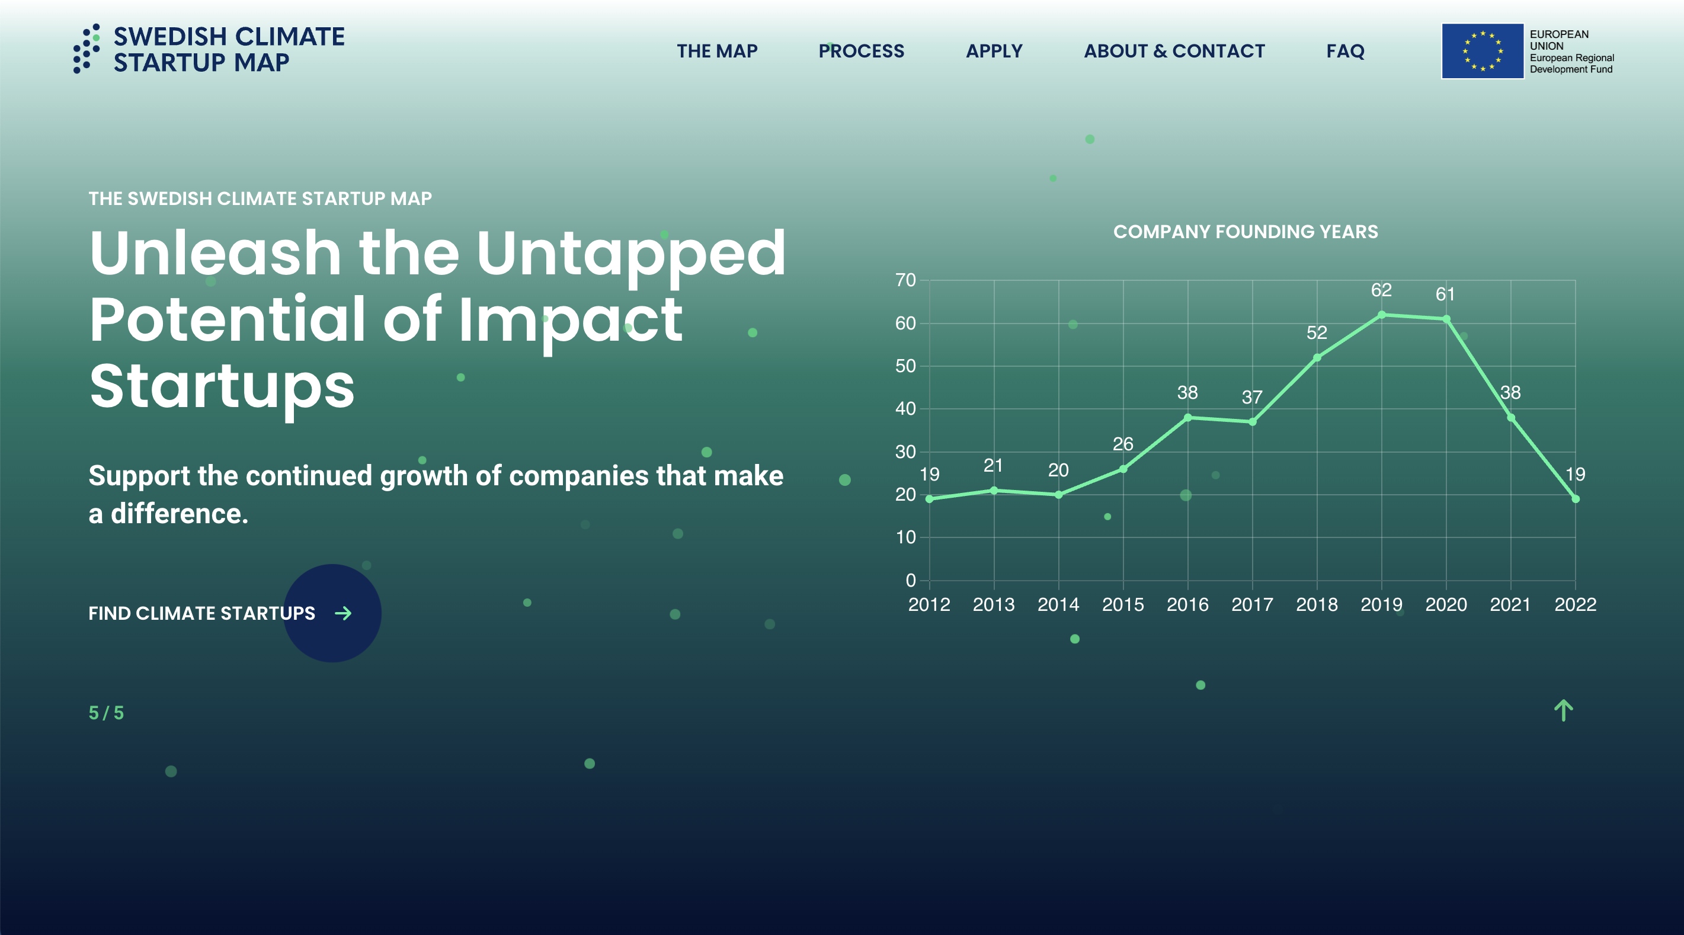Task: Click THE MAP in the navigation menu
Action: click(x=717, y=51)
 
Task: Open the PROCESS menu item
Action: click(x=861, y=51)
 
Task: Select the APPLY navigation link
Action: click(x=994, y=51)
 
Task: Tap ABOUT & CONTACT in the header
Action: click(x=1174, y=51)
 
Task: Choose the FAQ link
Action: click(x=1346, y=51)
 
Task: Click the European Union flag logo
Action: click(x=1483, y=51)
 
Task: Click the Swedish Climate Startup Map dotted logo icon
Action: click(x=87, y=49)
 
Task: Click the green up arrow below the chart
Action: click(x=1563, y=710)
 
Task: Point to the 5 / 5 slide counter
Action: click(x=106, y=713)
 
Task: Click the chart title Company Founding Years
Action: click(x=1246, y=232)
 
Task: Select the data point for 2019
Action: click(x=1381, y=315)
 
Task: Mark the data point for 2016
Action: click(x=1188, y=417)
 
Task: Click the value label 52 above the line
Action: click(x=1317, y=333)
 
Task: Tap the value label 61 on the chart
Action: click(x=1445, y=294)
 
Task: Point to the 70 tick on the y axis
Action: click(x=905, y=280)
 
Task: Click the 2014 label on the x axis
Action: click(x=1058, y=605)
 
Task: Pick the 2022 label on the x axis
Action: click(x=1576, y=605)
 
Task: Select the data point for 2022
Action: click(x=1576, y=499)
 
